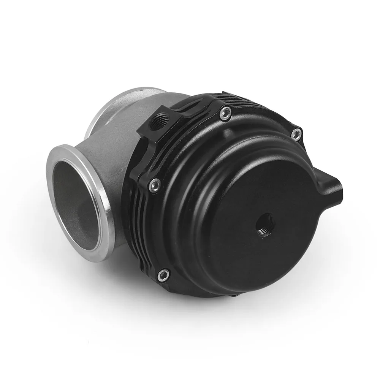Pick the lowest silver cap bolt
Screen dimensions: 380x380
coord(163,274)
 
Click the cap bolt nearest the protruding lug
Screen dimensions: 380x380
coord(296,133)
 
